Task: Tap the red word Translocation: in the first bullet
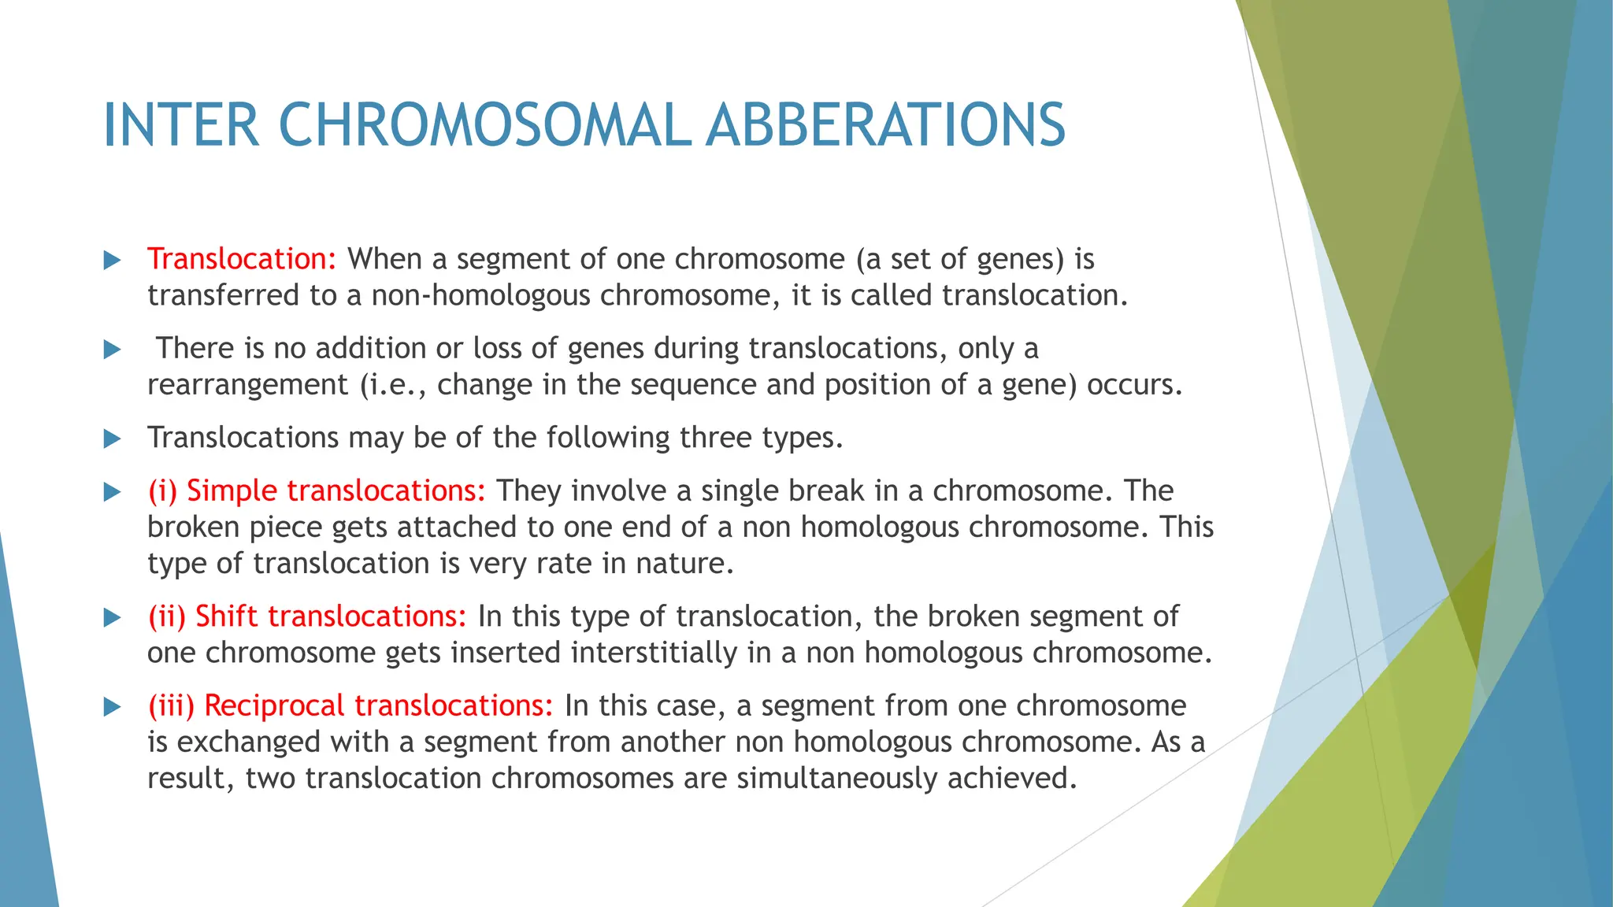(242, 259)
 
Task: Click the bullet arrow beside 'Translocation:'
(113, 261)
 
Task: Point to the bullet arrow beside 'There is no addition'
(113, 350)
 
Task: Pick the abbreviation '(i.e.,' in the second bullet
(393, 385)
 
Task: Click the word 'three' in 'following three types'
(714, 438)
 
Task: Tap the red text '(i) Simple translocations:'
(317, 491)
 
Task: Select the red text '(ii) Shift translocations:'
(307, 616)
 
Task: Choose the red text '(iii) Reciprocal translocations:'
(351, 705)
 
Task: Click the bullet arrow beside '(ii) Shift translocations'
(113, 618)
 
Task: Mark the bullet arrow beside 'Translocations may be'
(113, 439)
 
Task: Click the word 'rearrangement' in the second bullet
(247, 385)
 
